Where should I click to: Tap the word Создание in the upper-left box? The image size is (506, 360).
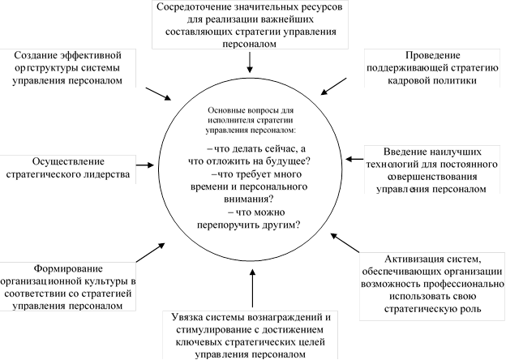(x=39, y=54)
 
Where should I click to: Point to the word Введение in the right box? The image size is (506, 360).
(x=390, y=150)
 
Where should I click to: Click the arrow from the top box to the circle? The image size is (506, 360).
(x=250, y=61)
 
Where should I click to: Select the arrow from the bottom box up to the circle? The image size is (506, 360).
(x=251, y=288)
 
